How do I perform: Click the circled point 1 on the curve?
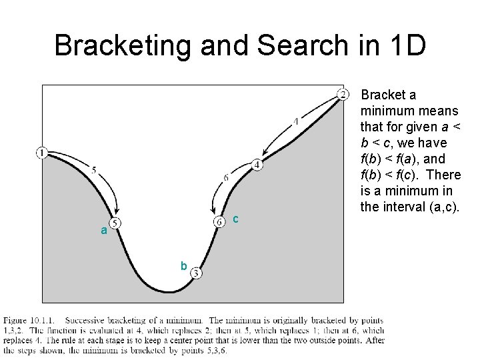[41, 153]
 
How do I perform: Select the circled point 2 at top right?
[343, 93]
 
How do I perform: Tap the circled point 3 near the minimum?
[196, 272]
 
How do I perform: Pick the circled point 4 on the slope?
[257, 165]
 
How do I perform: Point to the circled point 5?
[115, 223]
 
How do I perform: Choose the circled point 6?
[218, 221]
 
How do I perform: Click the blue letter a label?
[103, 231]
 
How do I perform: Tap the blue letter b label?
[183, 265]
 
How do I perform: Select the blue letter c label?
[235, 219]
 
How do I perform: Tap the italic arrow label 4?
[295, 121]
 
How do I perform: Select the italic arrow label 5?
[94, 171]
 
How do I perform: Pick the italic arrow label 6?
[226, 177]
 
